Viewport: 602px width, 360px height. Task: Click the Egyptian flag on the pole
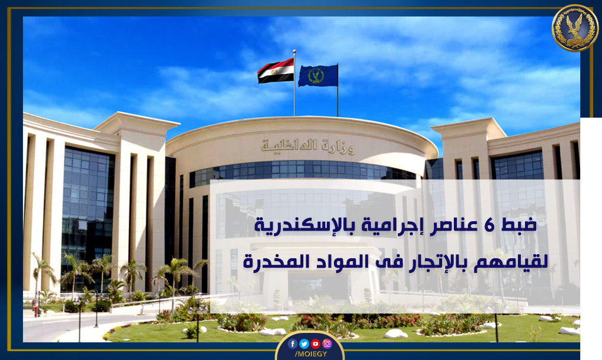[276, 71]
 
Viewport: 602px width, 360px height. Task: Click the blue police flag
[318, 75]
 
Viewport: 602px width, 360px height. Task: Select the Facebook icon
[292, 344]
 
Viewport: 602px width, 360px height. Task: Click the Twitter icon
[304, 344]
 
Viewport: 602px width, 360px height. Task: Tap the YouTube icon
[315, 344]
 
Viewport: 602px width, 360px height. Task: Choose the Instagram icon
[327, 344]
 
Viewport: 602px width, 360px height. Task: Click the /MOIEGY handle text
[310, 354]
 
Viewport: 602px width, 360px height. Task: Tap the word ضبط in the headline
[519, 225]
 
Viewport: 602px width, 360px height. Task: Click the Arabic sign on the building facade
[307, 146]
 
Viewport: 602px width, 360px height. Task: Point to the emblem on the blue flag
[316, 76]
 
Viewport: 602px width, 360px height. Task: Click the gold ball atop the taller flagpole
[295, 51]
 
